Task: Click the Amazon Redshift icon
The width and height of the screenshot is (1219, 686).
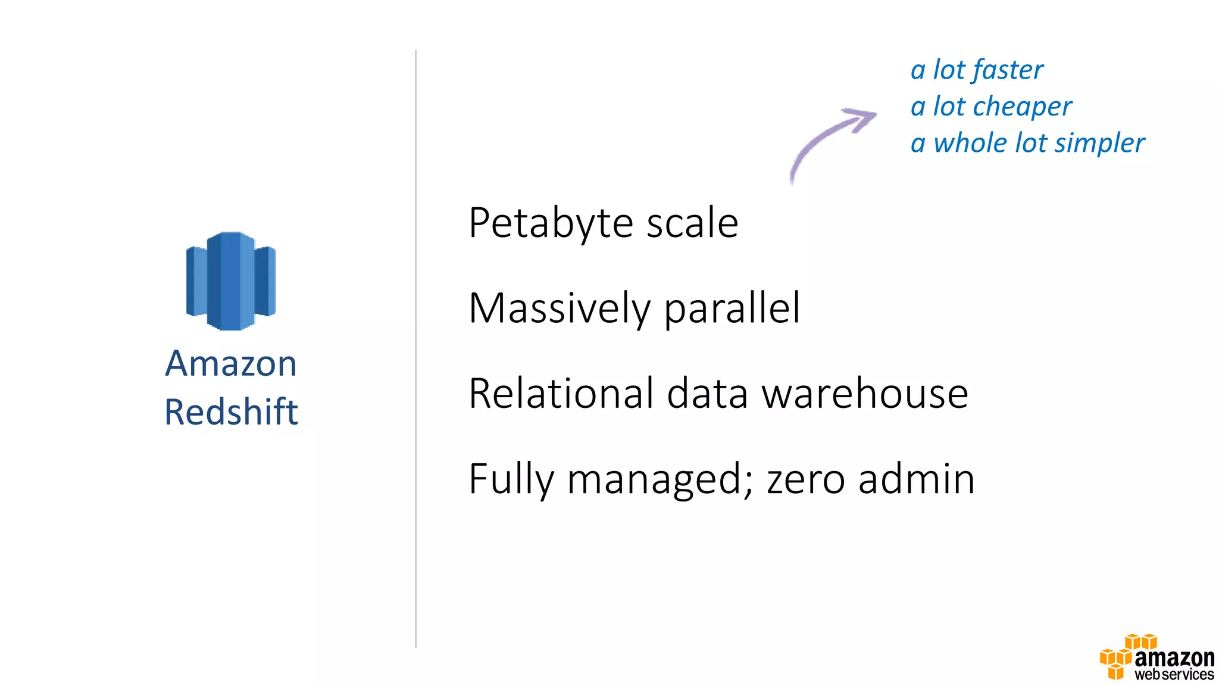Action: pos(231,280)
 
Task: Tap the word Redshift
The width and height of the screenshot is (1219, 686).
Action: pos(231,411)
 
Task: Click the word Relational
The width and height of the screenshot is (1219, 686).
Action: pos(561,394)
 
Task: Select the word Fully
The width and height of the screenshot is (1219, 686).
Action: pos(511,479)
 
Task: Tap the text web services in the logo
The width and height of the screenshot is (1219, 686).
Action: pos(1174,675)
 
